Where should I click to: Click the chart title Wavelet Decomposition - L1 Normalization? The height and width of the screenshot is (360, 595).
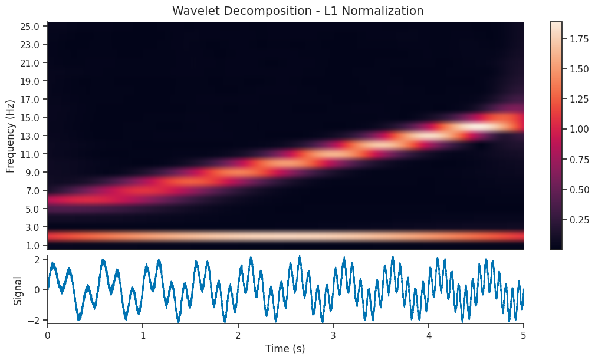point(298,11)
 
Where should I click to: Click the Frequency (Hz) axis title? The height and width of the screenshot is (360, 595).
point(10,136)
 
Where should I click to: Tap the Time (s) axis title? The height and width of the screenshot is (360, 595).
point(285,349)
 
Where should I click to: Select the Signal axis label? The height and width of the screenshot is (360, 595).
point(18,290)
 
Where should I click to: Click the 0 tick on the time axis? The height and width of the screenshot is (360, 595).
point(48,334)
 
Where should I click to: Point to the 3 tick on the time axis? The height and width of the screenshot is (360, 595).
point(333,334)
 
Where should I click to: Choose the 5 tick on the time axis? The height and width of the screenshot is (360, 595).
point(523,334)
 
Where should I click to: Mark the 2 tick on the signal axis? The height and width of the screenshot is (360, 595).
point(37,259)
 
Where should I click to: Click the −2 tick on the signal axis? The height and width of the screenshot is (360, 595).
point(34,321)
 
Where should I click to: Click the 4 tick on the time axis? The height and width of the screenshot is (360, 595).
point(428,334)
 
